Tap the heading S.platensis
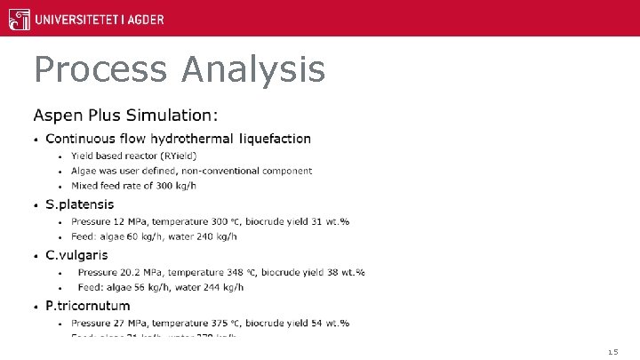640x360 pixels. tap(80, 204)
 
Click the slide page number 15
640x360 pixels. tap(612, 352)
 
